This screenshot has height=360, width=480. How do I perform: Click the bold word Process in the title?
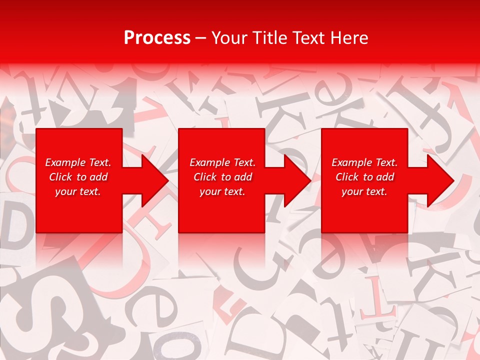tap(157, 38)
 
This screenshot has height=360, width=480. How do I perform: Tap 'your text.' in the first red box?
tap(78, 191)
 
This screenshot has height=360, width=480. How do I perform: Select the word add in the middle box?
tap(242, 177)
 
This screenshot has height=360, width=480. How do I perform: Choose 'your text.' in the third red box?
tap(364, 191)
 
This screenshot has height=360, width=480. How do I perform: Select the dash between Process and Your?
tap(200, 38)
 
